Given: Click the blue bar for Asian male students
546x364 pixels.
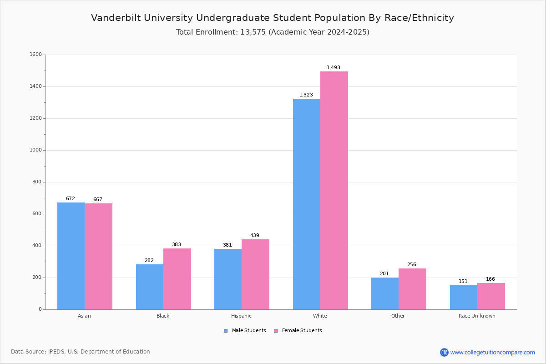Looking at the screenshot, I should (71, 256).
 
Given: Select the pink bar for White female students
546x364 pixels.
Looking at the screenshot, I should (334, 190).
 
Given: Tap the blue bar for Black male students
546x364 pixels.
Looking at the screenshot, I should (150, 287).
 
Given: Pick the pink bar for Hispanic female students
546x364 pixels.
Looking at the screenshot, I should (255, 274).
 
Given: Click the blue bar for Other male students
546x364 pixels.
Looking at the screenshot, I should (385, 293).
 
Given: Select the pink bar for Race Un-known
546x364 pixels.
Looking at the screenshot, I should (491, 296).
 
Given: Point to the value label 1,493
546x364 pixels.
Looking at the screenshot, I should (334, 67).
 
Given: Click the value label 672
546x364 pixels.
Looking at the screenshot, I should (71, 198).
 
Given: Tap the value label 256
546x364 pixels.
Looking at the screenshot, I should (412, 264).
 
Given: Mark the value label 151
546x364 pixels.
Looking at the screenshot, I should (463, 281).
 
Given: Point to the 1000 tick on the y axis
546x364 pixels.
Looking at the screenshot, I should (36, 150).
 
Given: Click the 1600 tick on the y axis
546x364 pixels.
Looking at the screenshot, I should (36, 55).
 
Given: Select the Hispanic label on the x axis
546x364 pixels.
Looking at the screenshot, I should (241, 316).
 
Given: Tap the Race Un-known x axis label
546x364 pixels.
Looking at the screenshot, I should (477, 316).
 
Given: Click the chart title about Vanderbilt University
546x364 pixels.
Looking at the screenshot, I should (273, 18).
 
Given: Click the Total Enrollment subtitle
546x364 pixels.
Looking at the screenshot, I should (273, 32).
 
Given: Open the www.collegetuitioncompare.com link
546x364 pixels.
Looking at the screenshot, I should (492, 352).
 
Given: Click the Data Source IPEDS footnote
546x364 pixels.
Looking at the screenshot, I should (81, 352).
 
